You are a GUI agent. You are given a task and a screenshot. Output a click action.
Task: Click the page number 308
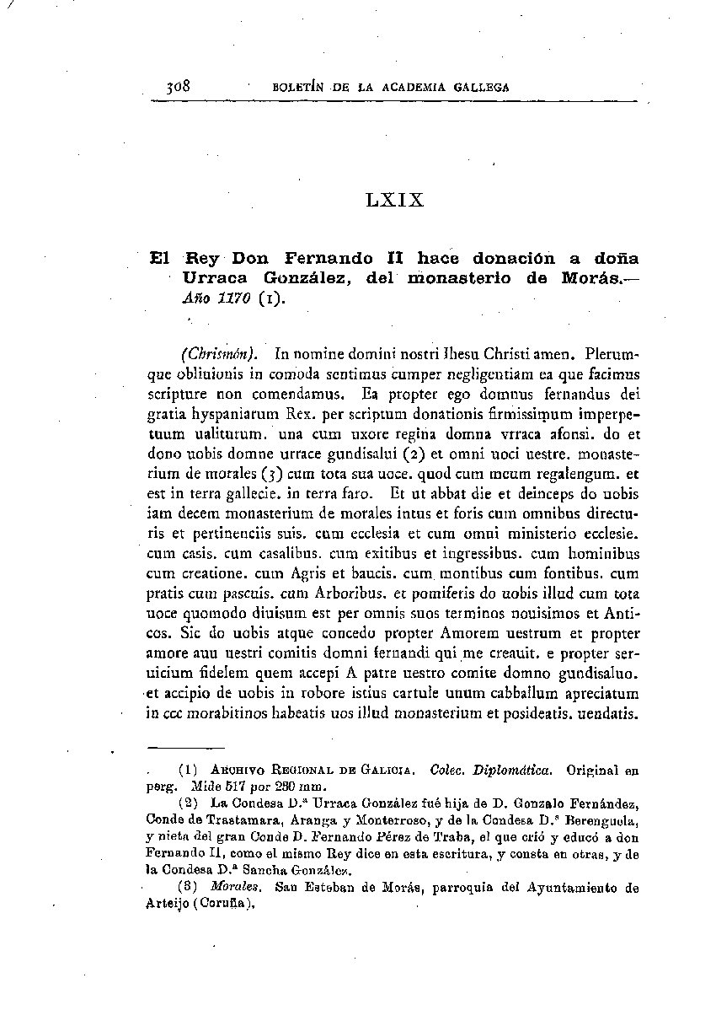point(180,86)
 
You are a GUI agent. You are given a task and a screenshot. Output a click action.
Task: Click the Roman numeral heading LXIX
point(395,201)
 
